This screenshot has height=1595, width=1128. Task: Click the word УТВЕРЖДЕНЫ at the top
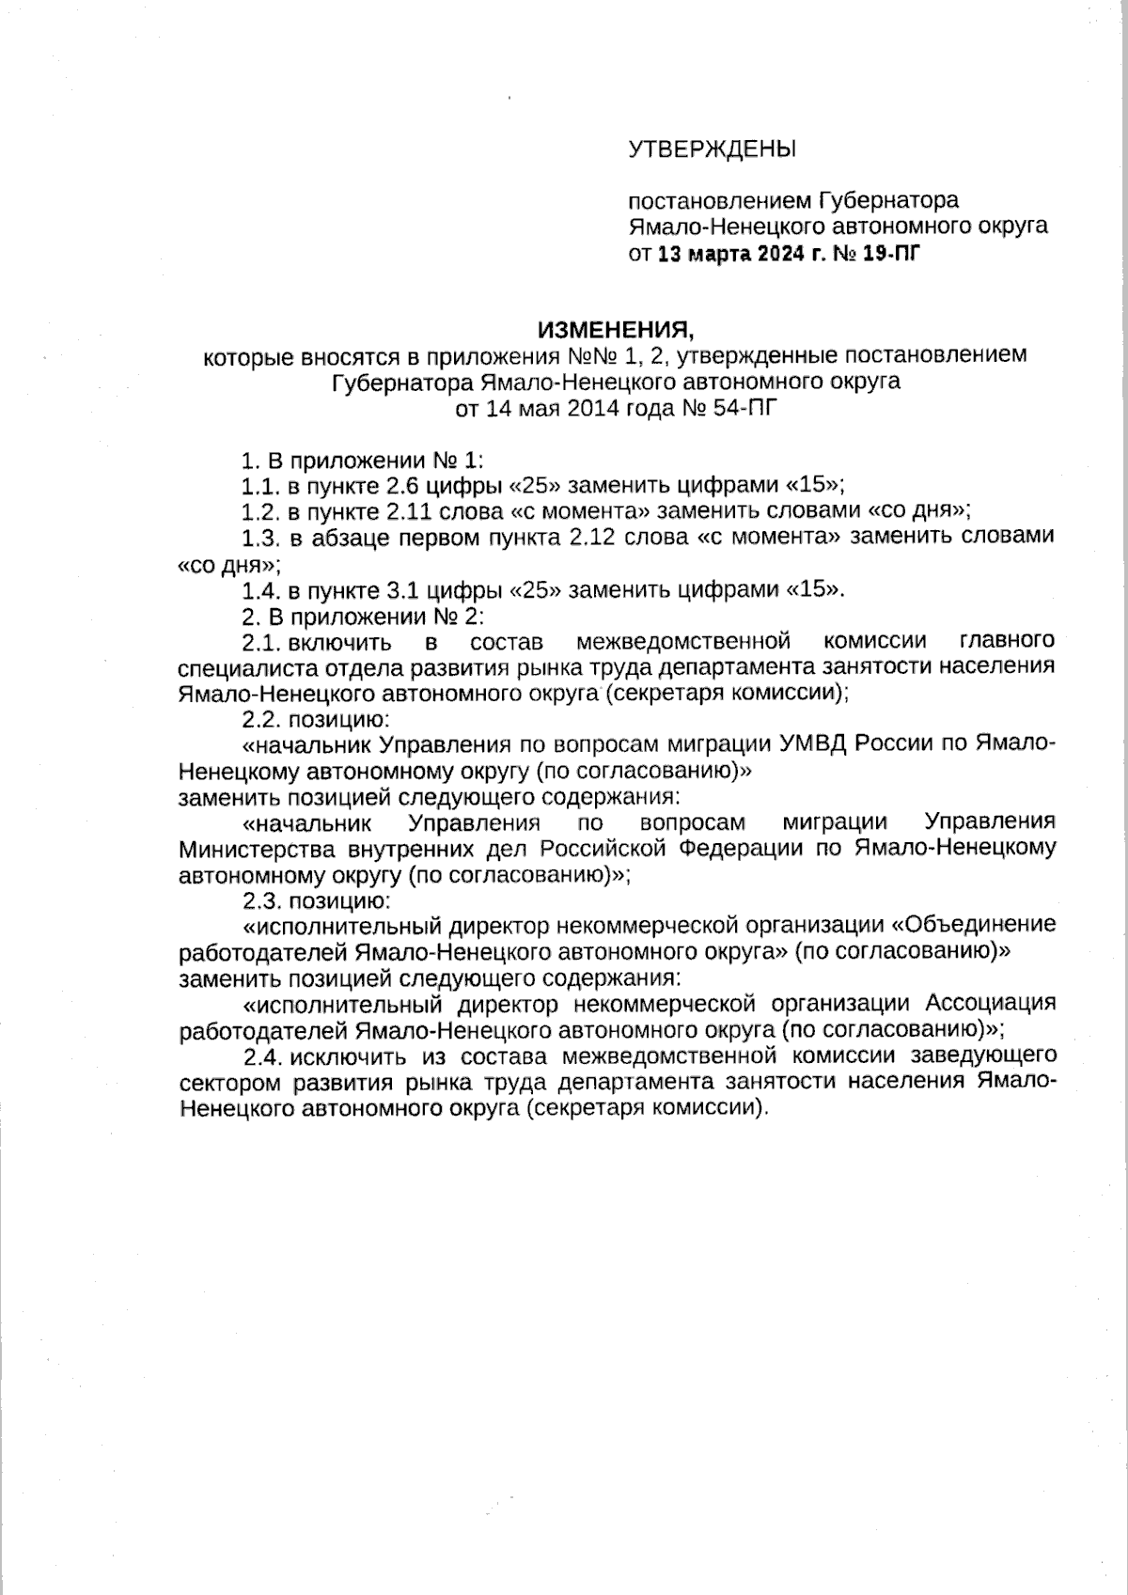click(x=712, y=149)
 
